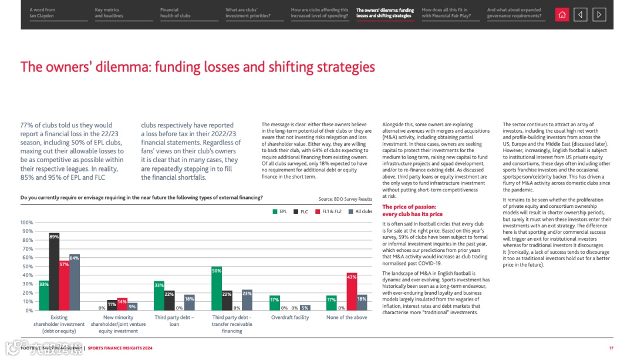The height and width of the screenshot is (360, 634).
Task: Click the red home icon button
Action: pos(562,15)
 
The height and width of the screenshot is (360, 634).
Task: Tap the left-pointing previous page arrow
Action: pos(580,15)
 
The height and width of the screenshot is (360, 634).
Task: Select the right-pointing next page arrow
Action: pos(599,15)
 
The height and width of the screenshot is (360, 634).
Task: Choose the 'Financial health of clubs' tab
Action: pos(176,13)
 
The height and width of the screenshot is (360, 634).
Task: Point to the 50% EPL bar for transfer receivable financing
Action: pos(217,288)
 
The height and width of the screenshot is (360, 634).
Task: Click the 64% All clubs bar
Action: pos(75,282)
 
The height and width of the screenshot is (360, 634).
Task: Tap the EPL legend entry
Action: pos(279,211)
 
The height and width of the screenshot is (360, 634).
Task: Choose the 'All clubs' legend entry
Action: pos(360,211)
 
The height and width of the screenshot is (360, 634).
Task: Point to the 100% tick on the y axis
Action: pos(26,223)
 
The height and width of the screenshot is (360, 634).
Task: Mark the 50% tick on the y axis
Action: pos(27,267)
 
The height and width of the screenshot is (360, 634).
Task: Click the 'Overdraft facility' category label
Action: pos(289,318)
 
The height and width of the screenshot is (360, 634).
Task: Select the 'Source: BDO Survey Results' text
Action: pos(345,200)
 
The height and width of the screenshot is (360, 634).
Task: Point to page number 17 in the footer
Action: pos(611,348)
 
